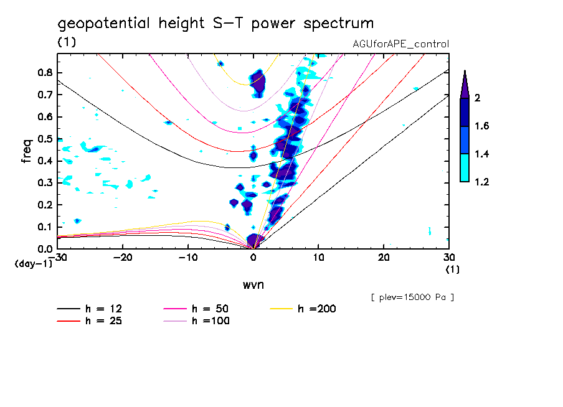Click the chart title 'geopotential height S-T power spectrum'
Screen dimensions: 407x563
click(215, 24)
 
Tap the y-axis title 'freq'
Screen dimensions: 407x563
click(27, 151)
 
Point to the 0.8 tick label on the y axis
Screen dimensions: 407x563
click(45, 73)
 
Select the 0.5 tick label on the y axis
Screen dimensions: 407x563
click(45, 139)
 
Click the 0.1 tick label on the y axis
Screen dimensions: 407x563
click(45, 227)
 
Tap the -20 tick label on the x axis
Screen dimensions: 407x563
click(123, 258)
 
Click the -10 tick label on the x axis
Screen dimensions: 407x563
click(187, 258)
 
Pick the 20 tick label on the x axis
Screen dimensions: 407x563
click(384, 258)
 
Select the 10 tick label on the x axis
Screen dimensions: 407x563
click(318, 258)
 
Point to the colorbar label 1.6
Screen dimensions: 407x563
click(482, 126)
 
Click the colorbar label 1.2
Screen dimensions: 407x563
click(482, 182)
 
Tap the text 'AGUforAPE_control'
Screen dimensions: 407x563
click(400, 44)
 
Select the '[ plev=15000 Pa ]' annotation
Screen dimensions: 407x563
click(412, 297)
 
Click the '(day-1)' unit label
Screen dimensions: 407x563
click(33, 264)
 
